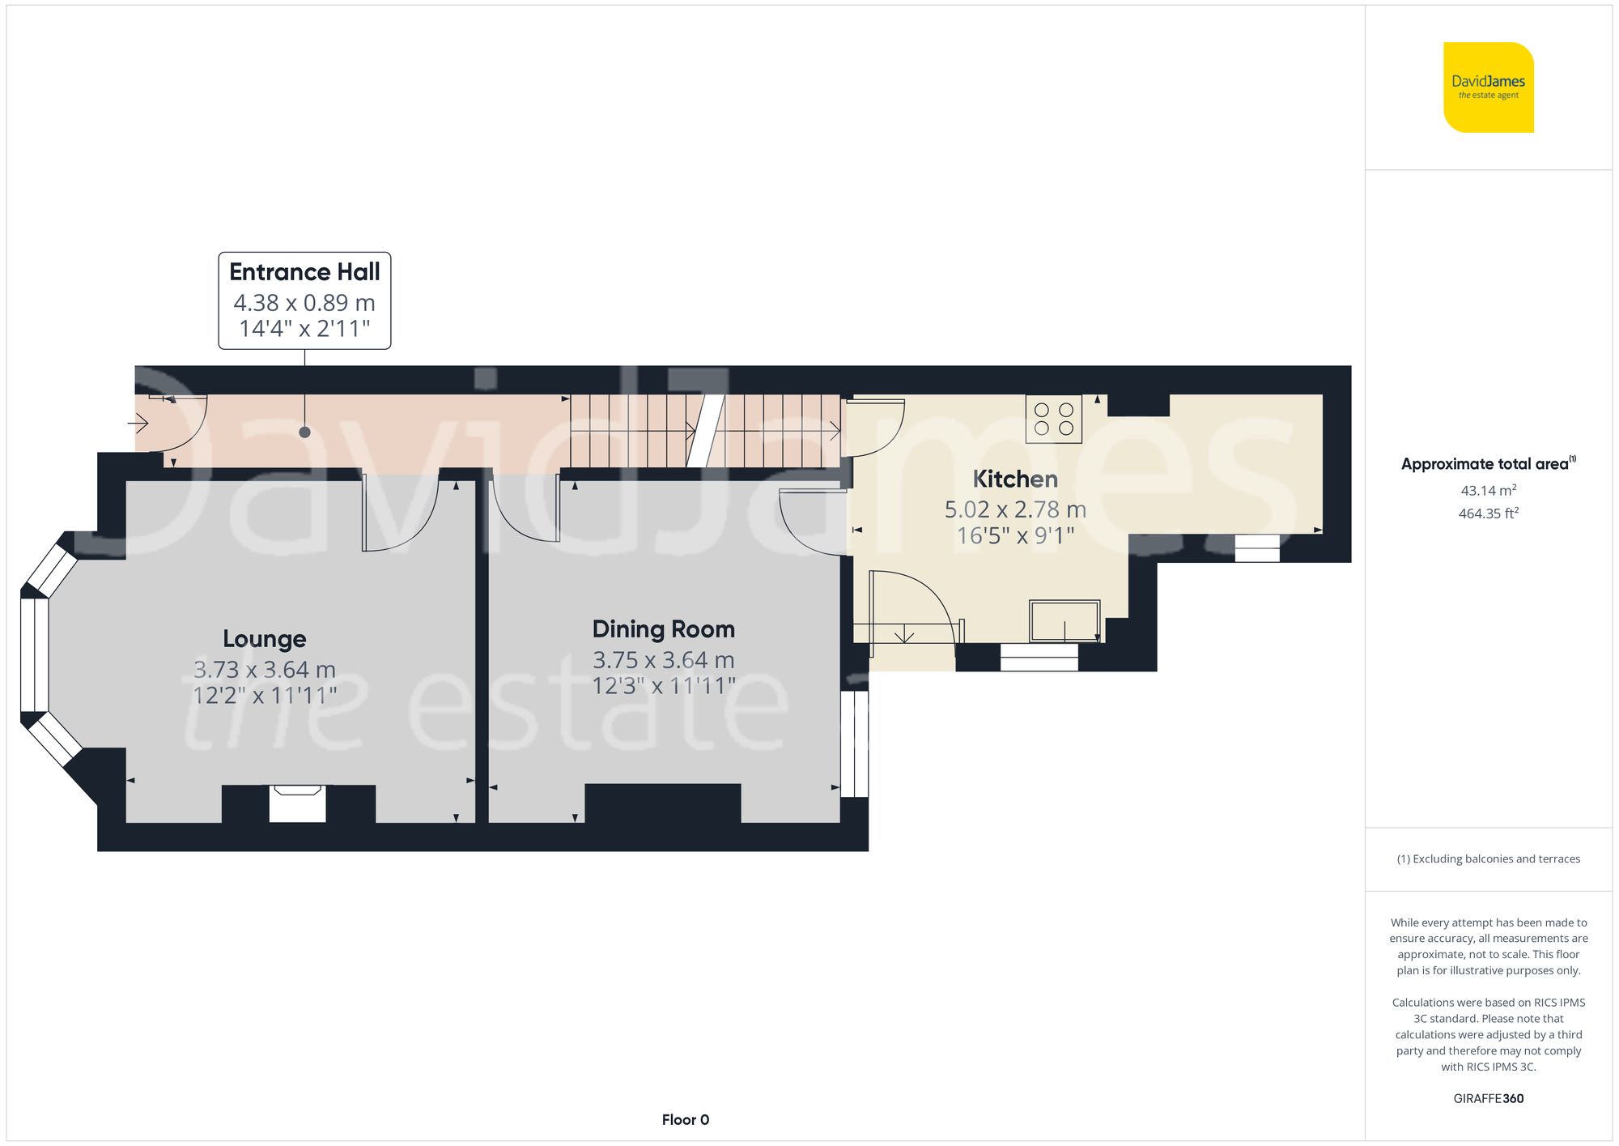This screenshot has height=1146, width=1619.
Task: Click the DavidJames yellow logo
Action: click(1488, 87)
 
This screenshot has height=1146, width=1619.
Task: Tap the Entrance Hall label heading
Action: click(304, 272)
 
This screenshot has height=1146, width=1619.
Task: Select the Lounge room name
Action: click(264, 639)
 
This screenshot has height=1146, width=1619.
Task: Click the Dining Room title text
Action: click(663, 629)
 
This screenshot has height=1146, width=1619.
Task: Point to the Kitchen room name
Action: click(1015, 479)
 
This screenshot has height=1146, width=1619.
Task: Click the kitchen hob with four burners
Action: click(1053, 419)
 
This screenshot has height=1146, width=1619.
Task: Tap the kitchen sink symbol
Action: click(1064, 621)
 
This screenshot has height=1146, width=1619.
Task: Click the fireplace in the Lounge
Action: click(297, 803)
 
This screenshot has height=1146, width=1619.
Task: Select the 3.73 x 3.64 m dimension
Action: click(264, 670)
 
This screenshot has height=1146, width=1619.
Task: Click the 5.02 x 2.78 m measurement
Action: click(1015, 509)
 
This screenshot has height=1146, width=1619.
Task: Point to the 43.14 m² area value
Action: click(1488, 491)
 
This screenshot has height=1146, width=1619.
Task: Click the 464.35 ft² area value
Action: click(1488, 513)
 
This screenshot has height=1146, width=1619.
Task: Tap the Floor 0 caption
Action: click(685, 1120)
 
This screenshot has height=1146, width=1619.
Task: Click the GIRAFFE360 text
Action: click(1488, 1099)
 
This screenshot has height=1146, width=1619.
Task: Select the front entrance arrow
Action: click(138, 423)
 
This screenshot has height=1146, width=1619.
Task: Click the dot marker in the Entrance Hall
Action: click(304, 432)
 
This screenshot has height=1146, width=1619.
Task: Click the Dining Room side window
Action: click(854, 743)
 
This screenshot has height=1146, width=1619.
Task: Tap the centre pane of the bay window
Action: click(34, 654)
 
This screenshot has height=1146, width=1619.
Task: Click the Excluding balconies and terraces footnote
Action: click(1488, 859)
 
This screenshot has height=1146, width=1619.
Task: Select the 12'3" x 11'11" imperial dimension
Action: click(663, 687)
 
